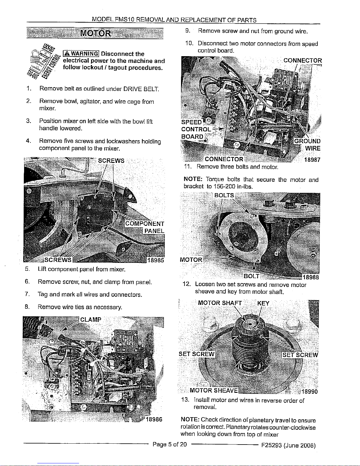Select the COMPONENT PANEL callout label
pyautogui.click(x=145, y=227)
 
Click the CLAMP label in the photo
pyautogui.click(x=91, y=319)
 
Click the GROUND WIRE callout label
pyautogui.click(x=308, y=145)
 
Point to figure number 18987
pyautogui.click(x=312, y=160)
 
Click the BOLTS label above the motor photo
pyautogui.click(x=224, y=196)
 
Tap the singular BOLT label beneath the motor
pyautogui.click(x=252, y=276)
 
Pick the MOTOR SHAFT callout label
pyautogui.click(x=220, y=303)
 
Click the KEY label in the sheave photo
pyautogui.click(x=263, y=303)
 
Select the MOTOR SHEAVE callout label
pyautogui.click(x=214, y=390)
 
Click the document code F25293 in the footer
pyautogui.click(x=272, y=445)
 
